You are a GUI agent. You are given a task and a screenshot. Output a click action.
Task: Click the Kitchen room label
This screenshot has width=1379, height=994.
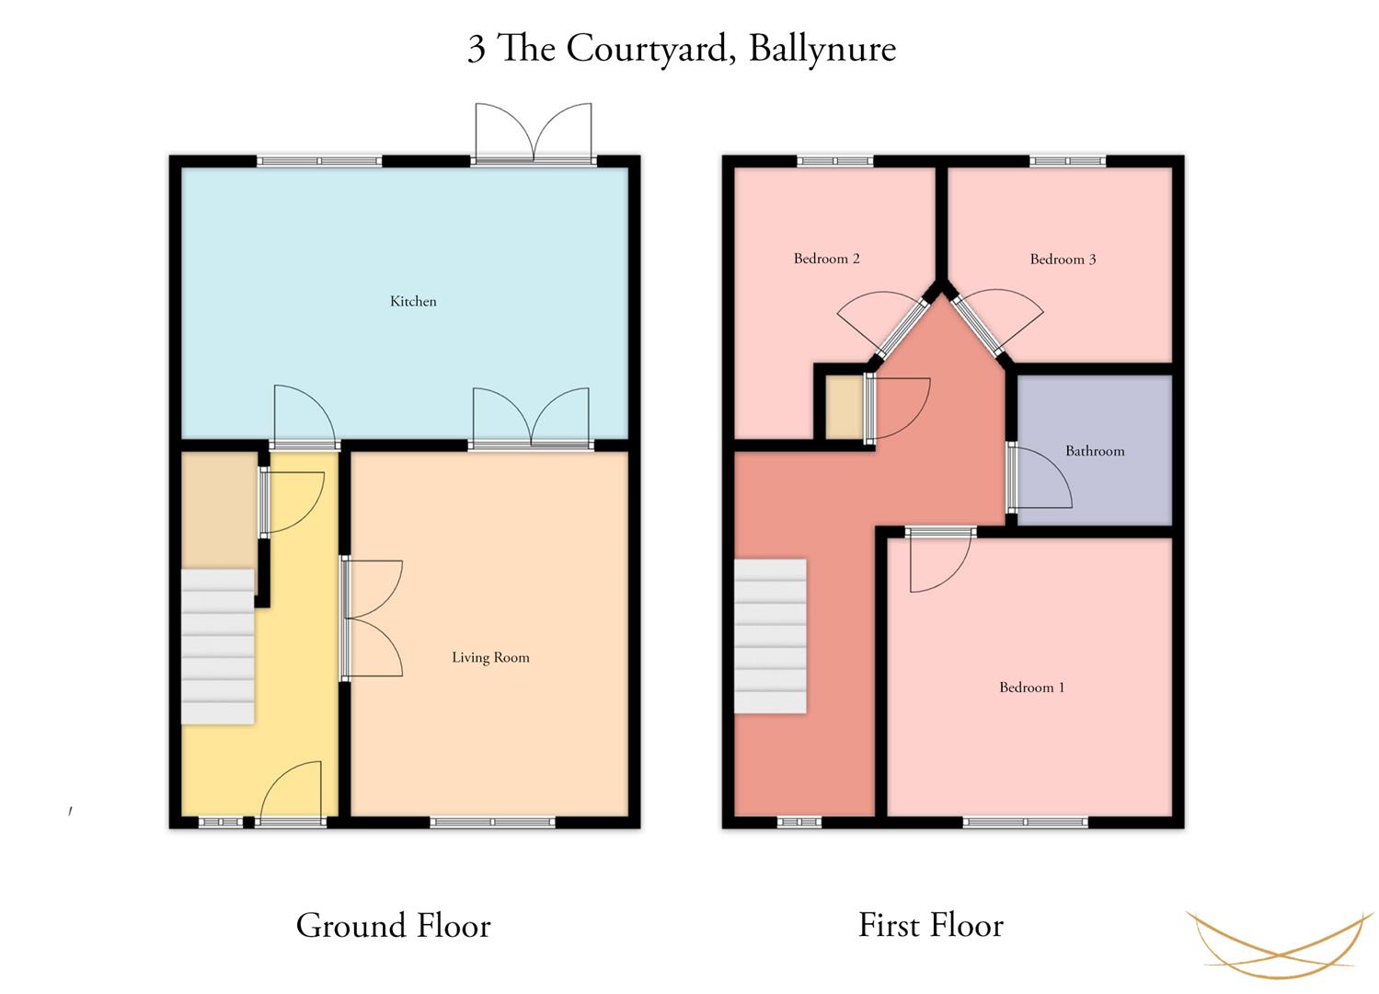point(413,301)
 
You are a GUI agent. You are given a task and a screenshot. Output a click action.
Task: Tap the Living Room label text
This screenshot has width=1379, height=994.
point(490,658)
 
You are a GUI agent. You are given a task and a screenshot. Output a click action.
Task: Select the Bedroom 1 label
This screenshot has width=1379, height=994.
point(1032,688)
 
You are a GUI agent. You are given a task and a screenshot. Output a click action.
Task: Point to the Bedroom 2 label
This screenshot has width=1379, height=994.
point(826,259)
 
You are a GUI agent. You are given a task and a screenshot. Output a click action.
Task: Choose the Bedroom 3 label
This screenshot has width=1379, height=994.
point(1063,260)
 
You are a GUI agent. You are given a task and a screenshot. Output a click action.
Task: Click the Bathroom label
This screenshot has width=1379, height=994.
point(1095,451)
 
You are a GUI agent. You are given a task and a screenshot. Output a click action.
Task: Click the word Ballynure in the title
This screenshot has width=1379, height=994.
point(822,50)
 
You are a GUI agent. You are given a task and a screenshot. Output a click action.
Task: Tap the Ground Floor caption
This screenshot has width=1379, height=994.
point(394,926)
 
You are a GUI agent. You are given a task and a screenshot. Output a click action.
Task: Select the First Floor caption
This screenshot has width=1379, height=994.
point(931,925)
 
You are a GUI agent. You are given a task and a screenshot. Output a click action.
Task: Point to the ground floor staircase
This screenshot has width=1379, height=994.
point(218,647)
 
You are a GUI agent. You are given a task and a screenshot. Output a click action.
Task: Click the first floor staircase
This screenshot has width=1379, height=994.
point(771,636)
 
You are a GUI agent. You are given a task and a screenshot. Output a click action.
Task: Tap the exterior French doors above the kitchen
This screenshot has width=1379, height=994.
point(534,133)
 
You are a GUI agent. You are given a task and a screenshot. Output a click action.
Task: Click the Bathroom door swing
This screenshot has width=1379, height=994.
point(1040,479)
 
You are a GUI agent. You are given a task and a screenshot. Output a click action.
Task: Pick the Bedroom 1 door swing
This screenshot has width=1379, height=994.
point(941,561)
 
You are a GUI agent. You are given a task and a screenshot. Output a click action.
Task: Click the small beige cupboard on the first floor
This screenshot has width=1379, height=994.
point(844,408)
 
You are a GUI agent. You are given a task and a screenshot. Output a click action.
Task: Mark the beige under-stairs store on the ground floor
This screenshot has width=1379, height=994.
point(219,511)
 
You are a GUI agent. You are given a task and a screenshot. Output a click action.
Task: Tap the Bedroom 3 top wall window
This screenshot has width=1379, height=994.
point(1067,161)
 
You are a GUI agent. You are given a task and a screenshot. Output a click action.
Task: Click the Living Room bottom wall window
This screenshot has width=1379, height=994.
point(492,822)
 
